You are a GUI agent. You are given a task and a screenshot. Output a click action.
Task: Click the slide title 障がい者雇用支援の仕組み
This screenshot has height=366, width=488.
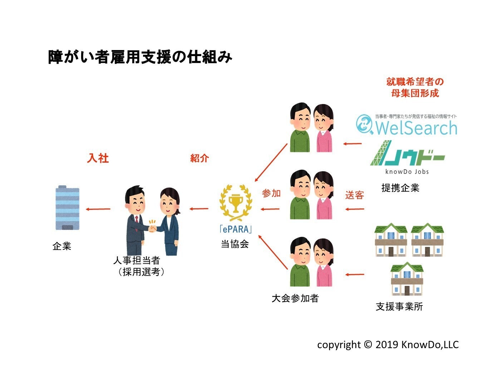tap(140, 57)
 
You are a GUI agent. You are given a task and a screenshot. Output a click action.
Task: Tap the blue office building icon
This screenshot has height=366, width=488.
tap(67, 208)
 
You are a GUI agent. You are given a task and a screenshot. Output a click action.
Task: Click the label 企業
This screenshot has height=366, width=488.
tap(62, 246)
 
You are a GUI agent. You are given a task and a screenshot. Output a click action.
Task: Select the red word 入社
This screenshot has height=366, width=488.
tap(98, 158)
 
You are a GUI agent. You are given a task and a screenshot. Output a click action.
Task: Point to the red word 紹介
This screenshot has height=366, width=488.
tap(199, 158)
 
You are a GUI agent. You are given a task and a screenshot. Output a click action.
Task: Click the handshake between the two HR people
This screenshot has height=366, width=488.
tap(153, 227)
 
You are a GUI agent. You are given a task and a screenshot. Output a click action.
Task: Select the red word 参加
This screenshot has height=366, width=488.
tap(271, 193)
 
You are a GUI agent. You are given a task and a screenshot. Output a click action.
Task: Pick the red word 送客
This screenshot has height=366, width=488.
tap(355, 195)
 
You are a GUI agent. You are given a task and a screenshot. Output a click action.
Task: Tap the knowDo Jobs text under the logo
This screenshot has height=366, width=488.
tap(407, 172)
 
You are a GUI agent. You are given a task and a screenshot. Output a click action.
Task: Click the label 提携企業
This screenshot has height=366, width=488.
tap(400, 188)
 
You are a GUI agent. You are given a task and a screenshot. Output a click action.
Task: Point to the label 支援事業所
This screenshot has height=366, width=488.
tap(399, 306)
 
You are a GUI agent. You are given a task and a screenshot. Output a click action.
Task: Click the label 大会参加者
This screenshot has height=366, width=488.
tap(295, 298)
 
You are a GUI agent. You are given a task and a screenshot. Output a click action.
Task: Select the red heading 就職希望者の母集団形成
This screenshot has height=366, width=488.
tap(415, 87)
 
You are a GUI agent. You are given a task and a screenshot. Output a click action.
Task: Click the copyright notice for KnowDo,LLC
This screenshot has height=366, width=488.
tap(388, 345)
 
